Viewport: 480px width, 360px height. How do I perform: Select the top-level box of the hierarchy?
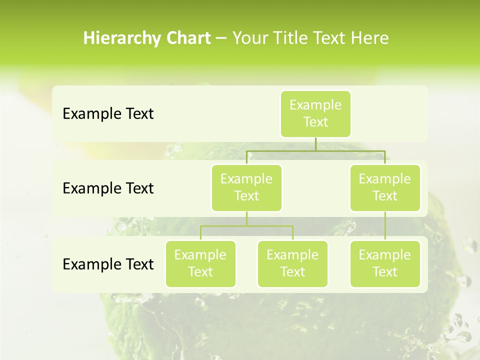(x=315, y=113)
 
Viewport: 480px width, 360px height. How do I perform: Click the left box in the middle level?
(x=246, y=187)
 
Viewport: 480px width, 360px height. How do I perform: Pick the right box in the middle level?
(x=385, y=187)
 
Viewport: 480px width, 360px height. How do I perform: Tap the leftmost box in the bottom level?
(x=200, y=263)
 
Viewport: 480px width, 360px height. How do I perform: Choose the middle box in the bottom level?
(x=292, y=263)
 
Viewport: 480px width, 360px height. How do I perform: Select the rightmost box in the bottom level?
(x=385, y=263)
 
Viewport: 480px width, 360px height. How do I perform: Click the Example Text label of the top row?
(x=108, y=114)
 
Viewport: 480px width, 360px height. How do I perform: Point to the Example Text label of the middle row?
(x=108, y=188)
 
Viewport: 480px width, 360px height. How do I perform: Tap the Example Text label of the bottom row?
(x=108, y=264)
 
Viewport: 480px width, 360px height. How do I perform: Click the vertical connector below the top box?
(x=315, y=144)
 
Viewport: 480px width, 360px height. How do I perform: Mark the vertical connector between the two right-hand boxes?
(x=385, y=226)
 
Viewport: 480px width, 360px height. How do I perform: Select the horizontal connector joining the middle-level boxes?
(x=315, y=150)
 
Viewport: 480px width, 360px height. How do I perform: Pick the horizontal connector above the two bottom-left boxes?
(x=246, y=226)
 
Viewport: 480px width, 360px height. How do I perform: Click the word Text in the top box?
(x=315, y=122)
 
